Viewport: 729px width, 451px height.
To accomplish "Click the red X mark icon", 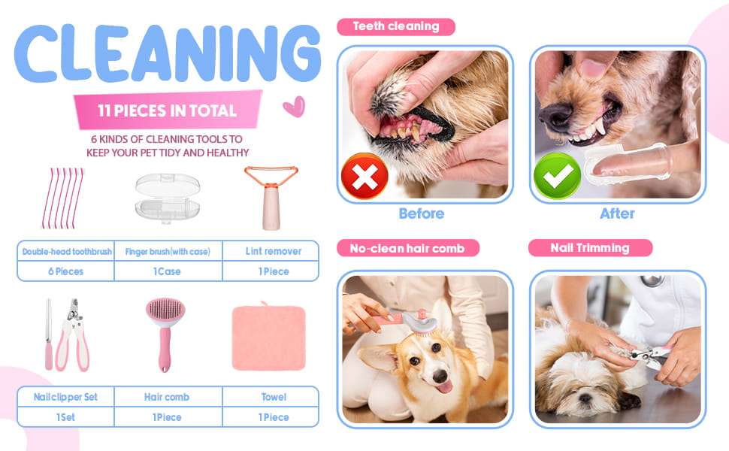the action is (364, 176).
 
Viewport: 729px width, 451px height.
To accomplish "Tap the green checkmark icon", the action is (557, 176).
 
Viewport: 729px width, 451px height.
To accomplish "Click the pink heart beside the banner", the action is (295, 107).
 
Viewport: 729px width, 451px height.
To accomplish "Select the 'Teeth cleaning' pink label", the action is (395, 26).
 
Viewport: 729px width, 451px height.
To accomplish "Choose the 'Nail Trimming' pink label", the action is (590, 248).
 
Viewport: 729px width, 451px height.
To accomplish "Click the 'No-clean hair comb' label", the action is (407, 248).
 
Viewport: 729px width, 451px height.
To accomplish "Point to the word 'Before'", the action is (421, 213).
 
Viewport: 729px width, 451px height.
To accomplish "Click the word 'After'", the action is (617, 213).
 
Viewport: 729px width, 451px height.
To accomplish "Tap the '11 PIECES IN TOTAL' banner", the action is (168, 110).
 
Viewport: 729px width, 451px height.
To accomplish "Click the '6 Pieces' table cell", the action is (65, 271).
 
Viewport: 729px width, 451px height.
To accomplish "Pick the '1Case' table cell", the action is (168, 271).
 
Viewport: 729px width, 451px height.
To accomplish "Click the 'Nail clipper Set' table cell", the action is (65, 397).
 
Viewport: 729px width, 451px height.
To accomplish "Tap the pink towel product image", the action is (269, 337).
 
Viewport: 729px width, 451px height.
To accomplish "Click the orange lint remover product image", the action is (271, 198).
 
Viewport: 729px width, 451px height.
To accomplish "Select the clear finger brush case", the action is (168, 198).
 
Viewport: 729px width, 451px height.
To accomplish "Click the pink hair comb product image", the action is (165, 334).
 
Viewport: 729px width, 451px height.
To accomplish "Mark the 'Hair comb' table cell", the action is (168, 397).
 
